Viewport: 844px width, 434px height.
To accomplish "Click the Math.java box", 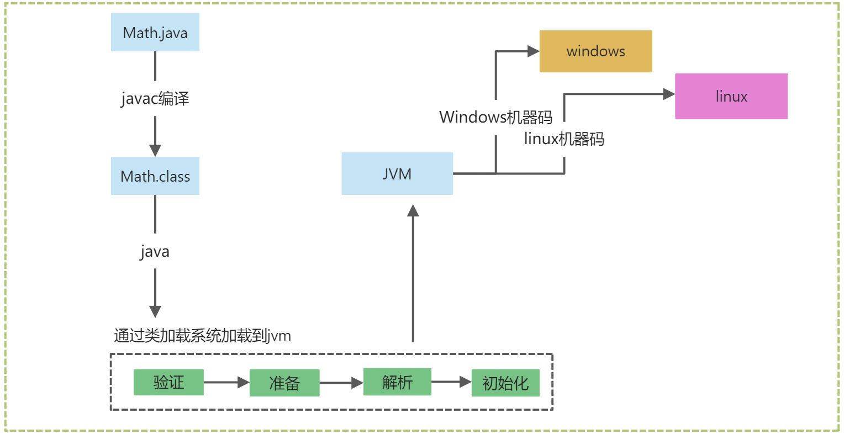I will point(155,33).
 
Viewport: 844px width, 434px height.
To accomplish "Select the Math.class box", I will point(155,176).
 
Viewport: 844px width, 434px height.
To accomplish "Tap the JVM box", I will point(397,174).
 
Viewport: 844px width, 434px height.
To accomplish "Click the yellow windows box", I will point(595,51).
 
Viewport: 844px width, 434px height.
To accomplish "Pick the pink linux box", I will point(731,96).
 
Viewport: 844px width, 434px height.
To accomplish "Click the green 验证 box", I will point(168,382).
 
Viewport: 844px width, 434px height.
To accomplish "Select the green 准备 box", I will point(284,383).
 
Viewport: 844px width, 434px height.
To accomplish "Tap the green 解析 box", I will point(397,382).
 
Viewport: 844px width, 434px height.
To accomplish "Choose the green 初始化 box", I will point(505,383).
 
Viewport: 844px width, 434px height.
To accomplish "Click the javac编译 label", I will point(155,99).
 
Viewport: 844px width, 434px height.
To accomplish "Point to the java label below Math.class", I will point(155,251).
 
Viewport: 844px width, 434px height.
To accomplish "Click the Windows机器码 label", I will point(495,117).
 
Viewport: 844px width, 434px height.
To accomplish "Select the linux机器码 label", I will point(564,139).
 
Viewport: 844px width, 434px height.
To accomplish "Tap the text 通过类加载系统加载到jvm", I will point(202,335).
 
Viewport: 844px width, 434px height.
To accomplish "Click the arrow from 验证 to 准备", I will point(226,382).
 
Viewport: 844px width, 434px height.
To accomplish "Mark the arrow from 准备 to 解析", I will point(341,383).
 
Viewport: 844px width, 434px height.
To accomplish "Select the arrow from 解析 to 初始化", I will point(451,382).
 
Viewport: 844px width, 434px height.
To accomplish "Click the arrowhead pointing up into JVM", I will point(413,211).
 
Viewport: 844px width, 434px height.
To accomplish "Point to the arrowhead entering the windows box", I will point(533,51).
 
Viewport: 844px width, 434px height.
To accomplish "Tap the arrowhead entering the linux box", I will point(669,94).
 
